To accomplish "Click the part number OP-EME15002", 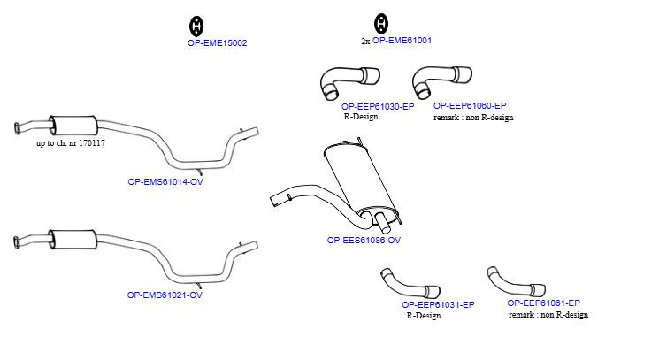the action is [x=217, y=43].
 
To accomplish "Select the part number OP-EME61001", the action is [x=402, y=41].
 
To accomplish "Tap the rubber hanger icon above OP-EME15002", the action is [x=196, y=26].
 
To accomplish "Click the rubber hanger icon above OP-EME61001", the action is [x=381, y=23].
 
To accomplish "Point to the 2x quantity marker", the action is [x=365, y=42].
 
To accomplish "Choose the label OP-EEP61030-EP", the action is [x=378, y=107].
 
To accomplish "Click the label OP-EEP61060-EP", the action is [x=470, y=105].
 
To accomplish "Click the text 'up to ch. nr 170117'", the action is [x=71, y=143].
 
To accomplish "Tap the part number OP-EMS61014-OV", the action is [x=165, y=181].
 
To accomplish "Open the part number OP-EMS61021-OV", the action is [x=165, y=295].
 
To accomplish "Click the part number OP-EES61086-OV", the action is [x=364, y=240].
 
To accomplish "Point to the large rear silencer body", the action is [x=362, y=179].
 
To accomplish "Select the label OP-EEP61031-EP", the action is [x=438, y=304].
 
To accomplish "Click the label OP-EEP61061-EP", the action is [x=544, y=303].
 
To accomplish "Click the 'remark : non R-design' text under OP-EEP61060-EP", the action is [x=473, y=118].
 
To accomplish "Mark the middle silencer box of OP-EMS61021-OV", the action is [x=73, y=240].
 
